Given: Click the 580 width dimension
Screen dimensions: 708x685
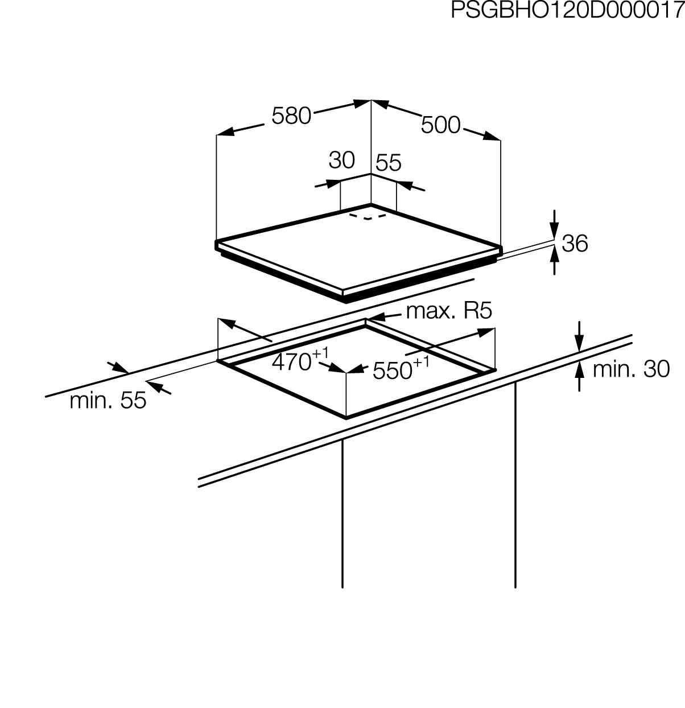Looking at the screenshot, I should pos(291,116).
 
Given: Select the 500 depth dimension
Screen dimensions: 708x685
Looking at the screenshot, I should pos(440,125).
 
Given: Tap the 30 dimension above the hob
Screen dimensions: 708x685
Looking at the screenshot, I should pos(341,160).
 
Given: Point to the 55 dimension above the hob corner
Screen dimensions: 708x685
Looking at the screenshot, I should pos(389,163).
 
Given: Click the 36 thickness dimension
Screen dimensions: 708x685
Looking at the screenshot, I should pos(574,244).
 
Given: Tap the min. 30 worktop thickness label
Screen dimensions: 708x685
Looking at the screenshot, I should pos(631,369).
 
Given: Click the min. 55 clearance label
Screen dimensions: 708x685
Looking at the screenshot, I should pos(108,401).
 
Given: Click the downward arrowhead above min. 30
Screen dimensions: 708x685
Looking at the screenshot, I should pos(579,344).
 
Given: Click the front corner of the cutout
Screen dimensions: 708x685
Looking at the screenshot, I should pos(346,417).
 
